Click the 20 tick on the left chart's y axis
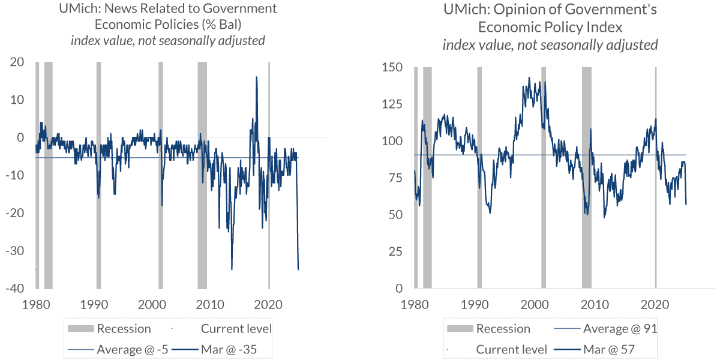17,62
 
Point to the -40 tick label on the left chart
14,289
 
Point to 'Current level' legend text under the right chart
511,350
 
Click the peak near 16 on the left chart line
257,77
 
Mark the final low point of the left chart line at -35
298,269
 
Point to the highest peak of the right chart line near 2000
529,77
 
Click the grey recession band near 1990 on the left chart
98,174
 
